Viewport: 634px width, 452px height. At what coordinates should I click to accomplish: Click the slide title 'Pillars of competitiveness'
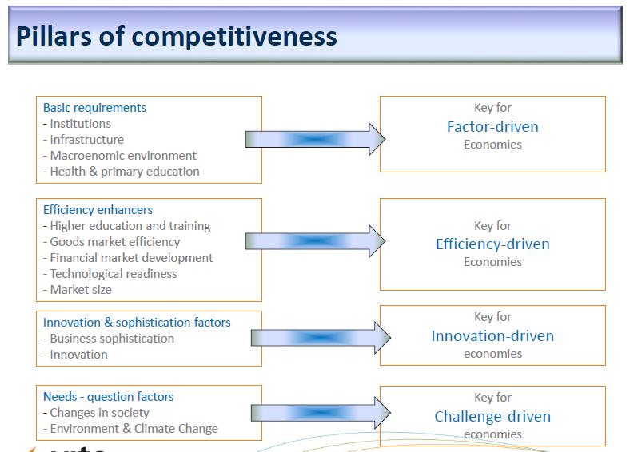(177, 37)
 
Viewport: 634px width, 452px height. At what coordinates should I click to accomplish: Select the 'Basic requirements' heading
(94, 108)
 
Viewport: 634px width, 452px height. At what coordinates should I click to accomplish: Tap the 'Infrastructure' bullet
(84, 140)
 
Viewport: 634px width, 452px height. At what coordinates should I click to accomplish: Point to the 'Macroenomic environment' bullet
(120, 156)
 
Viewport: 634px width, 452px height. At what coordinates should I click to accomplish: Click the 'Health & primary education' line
(122, 172)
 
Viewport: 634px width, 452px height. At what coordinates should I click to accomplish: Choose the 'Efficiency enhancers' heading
(98, 210)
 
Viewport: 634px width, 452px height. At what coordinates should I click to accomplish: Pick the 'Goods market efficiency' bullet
(112, 242)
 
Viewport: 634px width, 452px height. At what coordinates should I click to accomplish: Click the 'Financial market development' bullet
(128, 258)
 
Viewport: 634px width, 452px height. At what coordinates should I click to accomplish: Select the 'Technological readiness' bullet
(110, 274)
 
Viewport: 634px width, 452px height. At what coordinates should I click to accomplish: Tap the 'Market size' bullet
(78, 290)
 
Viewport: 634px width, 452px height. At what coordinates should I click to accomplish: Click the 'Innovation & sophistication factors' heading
(137, 323)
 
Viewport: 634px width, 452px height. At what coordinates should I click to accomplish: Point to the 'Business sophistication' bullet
(109, 339)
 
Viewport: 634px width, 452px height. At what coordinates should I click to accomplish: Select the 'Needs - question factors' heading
(109, 397)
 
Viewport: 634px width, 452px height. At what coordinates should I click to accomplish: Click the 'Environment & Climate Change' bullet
(130, 429)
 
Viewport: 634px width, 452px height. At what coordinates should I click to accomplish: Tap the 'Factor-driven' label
(492, 127)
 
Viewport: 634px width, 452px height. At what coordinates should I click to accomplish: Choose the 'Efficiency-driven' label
(492, 244)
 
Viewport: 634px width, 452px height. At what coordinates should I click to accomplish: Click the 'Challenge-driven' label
(492, 416)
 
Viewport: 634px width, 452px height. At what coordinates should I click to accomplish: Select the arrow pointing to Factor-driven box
(315, 140)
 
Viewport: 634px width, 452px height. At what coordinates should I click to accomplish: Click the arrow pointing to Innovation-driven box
(321, 338)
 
